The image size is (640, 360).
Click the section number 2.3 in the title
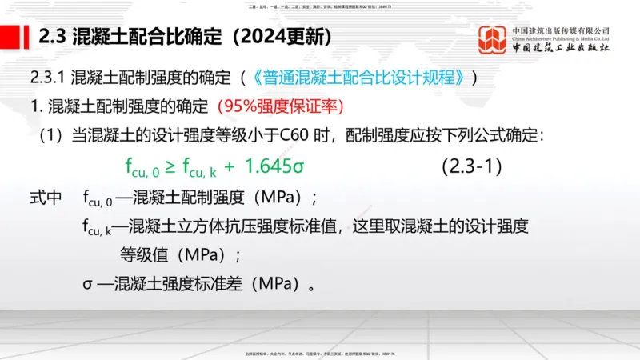pos(53,37)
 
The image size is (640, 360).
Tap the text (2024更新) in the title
pos(273,37)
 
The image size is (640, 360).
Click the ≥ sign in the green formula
pos(170,166)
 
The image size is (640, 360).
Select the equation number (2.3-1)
pos(471,166)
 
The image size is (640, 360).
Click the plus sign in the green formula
pos(228,166)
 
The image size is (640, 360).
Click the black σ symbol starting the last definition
pos(86,284)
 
